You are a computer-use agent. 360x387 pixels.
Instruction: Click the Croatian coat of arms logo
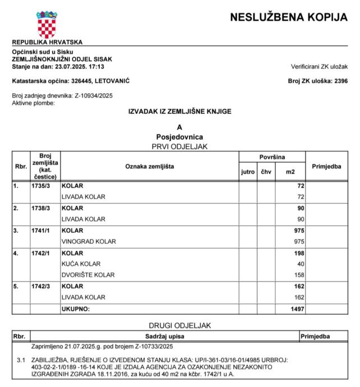(x=47, y=24)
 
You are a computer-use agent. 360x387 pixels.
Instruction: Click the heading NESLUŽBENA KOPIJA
(x=289, y=17)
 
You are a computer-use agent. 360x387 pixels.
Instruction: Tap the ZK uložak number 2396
(x=340, y=81)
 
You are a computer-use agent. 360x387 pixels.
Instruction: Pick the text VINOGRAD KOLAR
(x=89, y=242)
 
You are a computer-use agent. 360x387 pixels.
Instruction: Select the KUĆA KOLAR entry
(x=81, y=264)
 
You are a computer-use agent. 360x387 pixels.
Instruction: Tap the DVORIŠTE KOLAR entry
(x=88, y=275)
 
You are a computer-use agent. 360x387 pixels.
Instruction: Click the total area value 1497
(x=297, y=309)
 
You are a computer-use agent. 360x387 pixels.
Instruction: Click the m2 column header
(x=290, y=171)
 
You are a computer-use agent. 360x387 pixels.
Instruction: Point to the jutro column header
(x=248, y=171)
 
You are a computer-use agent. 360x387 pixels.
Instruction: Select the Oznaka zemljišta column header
(x=149, y=166)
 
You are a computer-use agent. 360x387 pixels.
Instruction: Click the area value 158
(x=299, y=275)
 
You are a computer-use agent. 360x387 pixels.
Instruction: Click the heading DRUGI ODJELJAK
(x=179, y=325)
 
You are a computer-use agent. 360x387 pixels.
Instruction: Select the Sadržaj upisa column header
(x=161, y=336)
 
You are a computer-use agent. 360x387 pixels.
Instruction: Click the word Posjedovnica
(x=179, y=137)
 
